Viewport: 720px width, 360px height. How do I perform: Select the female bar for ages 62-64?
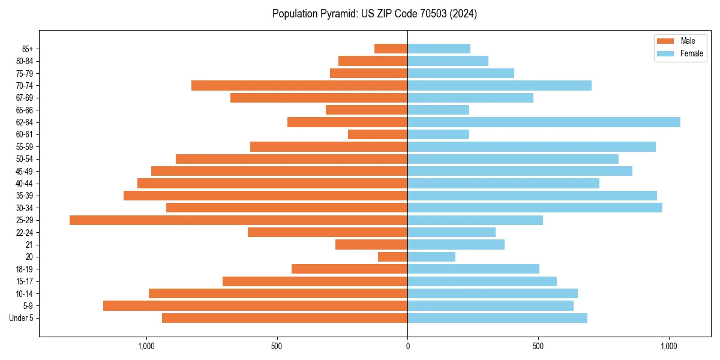[x=544, y=122]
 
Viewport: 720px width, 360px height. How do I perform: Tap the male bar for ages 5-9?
[x=255, y=306]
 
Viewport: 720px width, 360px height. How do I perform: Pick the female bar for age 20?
[x=431, y=257]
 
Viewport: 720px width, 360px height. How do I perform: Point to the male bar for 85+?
[x=391, y=49]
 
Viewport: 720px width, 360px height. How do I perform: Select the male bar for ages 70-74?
[x=299, y=86]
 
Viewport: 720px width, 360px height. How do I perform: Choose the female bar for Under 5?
[x=497, y=318]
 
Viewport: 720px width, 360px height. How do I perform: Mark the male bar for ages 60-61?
[x=377, y=134]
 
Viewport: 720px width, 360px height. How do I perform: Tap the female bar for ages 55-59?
[x=532, y=147]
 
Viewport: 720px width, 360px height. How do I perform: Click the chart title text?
[x=374, y=14]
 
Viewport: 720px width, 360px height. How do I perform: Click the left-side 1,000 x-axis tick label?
[x=146, y=346]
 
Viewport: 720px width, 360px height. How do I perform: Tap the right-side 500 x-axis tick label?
[x=538, y=346]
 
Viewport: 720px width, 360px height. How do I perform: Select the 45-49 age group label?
[x=25, y=172]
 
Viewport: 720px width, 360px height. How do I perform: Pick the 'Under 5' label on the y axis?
[x=21, y=318]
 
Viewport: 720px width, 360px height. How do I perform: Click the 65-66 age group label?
[x=25, y=110]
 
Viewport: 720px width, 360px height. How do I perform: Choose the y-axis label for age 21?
[x=29, y=245]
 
